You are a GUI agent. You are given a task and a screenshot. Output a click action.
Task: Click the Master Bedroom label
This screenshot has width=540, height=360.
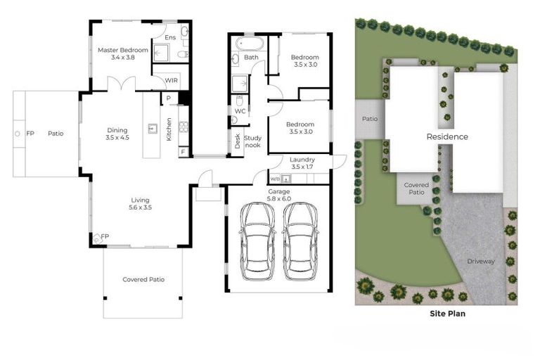[x=123, y=53]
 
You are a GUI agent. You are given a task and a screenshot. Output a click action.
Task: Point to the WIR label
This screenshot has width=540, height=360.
[x=172, y=81]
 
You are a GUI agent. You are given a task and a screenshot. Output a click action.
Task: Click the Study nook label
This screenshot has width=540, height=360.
[x=253, y=141]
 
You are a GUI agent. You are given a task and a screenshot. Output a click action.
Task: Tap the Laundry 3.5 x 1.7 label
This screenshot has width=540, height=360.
[x=303, y=163]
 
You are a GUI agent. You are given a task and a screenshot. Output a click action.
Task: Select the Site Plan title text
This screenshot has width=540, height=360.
[x=447, y=314]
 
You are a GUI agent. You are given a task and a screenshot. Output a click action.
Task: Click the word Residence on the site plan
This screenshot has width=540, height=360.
[x=446, y=136]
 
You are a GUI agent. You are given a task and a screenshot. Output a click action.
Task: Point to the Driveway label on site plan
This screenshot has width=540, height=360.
[x=481, y=262]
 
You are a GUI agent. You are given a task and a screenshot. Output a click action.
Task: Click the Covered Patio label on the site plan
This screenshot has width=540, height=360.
[x=416, y=188]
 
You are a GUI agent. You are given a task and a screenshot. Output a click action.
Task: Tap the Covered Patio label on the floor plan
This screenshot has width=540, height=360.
[x=143, y=279]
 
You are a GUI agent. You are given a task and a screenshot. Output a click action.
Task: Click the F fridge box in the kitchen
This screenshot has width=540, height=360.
[x=183, y=151]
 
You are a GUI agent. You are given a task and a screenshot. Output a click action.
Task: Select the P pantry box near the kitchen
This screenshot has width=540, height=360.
[x=169, y=98]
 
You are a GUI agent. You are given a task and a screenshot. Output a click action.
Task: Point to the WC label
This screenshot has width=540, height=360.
[x=239, y=111]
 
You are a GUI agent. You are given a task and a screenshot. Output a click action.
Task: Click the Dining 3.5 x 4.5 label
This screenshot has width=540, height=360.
[x=117, y=134]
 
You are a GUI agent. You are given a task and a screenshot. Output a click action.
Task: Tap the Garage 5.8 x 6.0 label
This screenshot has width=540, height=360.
[x=279, y=195]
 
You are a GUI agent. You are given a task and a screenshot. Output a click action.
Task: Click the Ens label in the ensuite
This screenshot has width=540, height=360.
[x=170, y=37]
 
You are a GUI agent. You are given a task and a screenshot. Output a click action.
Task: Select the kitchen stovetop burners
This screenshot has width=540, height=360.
[x=183, y=127]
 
